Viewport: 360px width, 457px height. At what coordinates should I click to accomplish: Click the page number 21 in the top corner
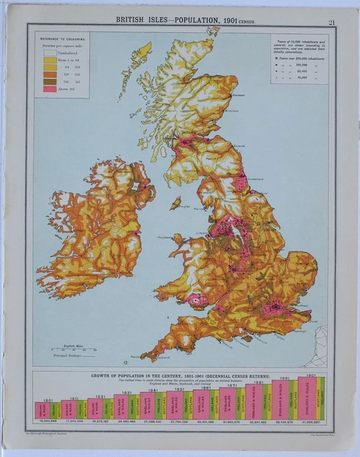tap(331, 22)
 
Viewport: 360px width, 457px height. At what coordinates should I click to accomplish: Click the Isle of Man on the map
tap(175, 203)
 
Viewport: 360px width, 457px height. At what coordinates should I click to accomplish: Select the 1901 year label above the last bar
tap(311, 376)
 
